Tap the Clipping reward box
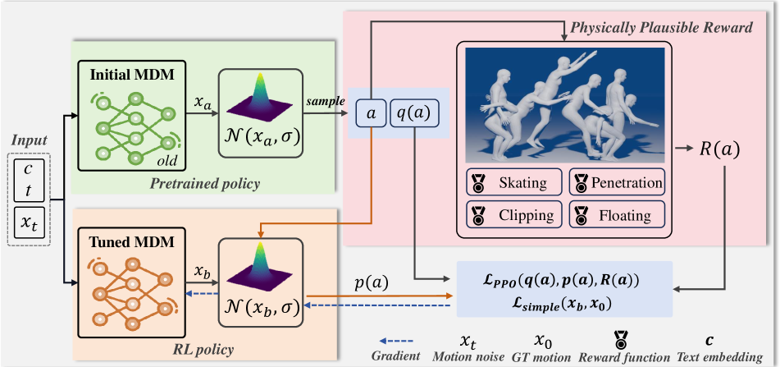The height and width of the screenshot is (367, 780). coord(514,216)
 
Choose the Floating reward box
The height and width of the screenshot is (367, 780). coord(616,216)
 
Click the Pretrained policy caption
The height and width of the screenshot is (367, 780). coord(204,184)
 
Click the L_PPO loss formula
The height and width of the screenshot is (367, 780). coord(563,279)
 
